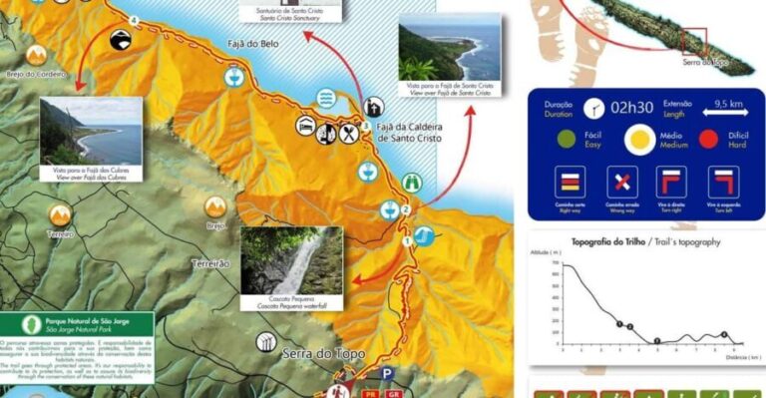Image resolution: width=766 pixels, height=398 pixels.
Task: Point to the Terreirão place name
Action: click(210, 263)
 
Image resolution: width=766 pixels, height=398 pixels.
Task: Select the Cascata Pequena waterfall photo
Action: click(291, 260)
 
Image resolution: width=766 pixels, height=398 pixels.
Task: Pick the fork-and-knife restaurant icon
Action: click(349, 132)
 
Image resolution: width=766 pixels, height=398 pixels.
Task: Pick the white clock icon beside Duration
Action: click(595, 107)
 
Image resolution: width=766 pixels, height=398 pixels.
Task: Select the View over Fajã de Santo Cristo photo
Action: click(447, 54)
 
